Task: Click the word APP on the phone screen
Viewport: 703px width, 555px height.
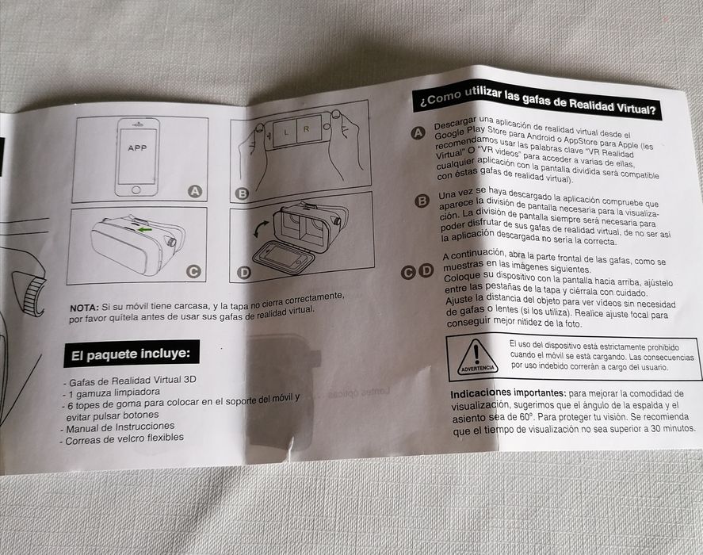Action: point(137,147)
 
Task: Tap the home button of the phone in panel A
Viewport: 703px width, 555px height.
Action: point(136,189)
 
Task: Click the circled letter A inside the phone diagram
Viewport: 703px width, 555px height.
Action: point(195,192)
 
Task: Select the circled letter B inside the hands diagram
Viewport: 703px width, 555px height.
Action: point(242,193)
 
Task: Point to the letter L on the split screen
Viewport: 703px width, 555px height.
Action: point(286,132)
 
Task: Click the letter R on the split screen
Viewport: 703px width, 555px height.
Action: point(306,129)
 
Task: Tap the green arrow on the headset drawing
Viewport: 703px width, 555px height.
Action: point(145,230)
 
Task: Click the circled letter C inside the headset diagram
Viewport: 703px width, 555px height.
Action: point(193,271)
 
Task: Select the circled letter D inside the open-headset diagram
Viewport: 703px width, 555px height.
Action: point(244,272)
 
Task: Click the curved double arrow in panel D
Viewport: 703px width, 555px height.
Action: point(261,229)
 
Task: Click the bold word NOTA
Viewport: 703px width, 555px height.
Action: point(84,308)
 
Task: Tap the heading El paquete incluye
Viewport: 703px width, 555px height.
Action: point(131,354)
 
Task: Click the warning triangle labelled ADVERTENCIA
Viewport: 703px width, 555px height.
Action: point(477,357)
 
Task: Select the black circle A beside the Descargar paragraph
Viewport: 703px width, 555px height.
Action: point(418,133)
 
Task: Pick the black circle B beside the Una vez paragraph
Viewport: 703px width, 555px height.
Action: point(422,201)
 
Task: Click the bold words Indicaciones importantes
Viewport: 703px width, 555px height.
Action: point(508,393)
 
